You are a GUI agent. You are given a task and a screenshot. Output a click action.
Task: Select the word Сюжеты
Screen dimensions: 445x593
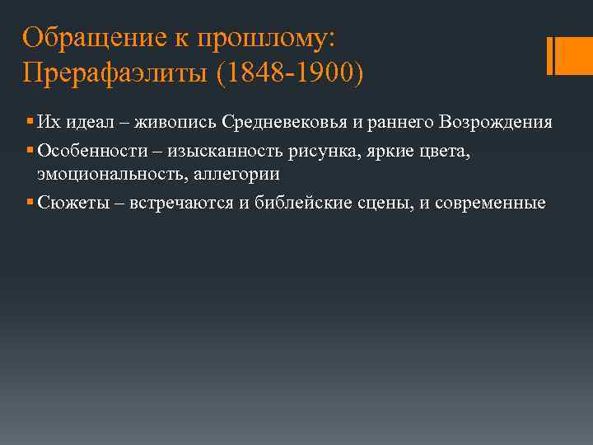tap(70, 203)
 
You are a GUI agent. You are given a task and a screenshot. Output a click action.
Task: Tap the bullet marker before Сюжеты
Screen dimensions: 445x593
tap(29, 203)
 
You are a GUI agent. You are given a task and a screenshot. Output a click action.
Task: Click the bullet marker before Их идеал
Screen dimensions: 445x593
tap(29, 122)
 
